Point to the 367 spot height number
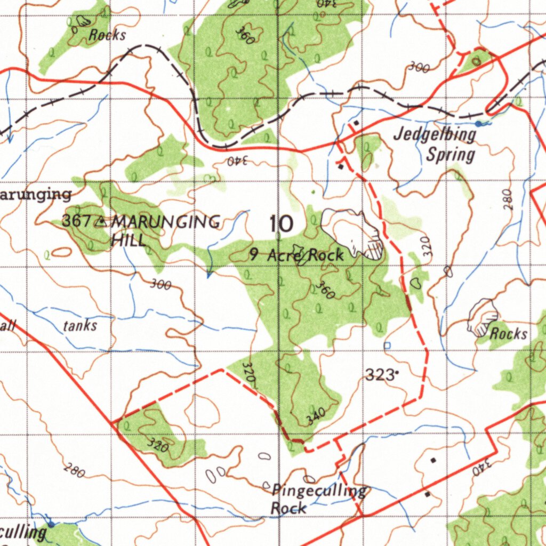click(77, 221)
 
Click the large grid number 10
click(281, 224)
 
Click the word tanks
click(80, 325)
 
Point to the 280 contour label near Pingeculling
click(74, 470)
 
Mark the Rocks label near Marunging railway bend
click(107, 35)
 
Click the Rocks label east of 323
click(508, 334)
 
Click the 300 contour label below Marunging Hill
click(160, 284)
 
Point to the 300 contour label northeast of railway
click(419, 67)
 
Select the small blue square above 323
click(387, 346)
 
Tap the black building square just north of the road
click(356, 123)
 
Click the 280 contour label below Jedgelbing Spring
click(507, 198)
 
